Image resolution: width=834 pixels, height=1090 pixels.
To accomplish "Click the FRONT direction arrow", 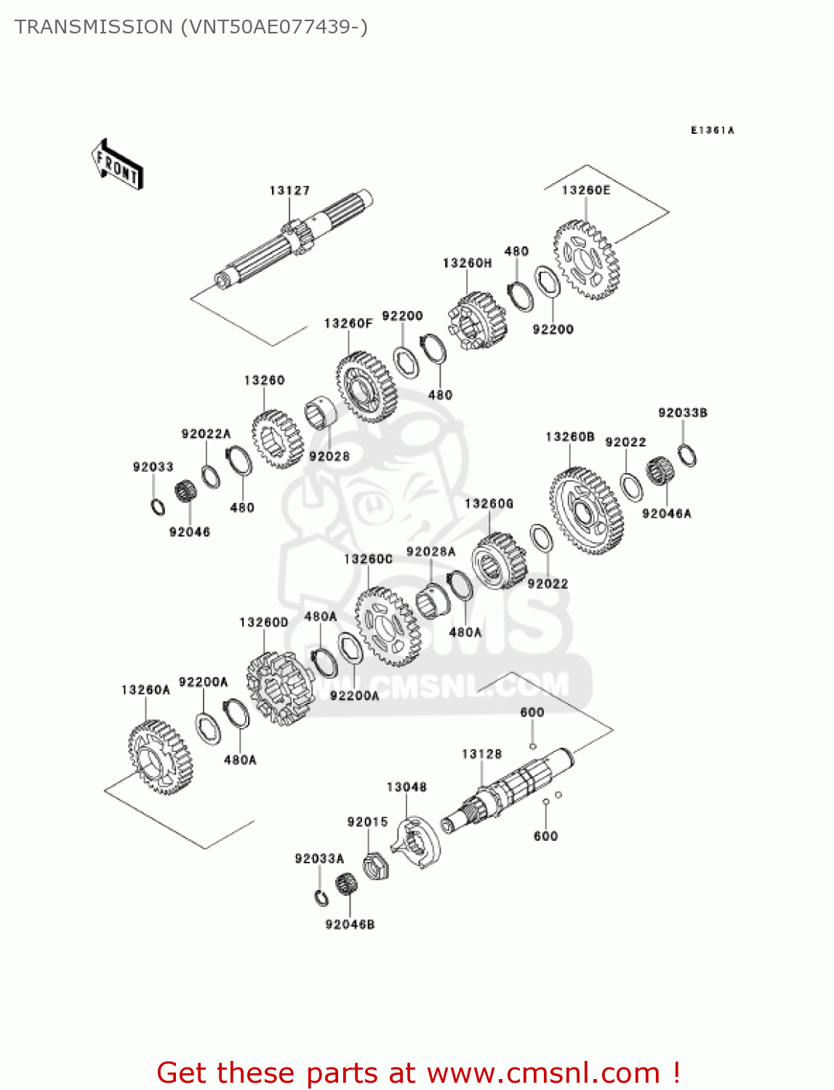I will click(116, 166).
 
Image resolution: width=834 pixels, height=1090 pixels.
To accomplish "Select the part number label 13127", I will click(289, 190).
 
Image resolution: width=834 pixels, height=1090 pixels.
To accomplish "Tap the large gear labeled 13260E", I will click(587, 260).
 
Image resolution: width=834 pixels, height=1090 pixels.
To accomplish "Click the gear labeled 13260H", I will click(478, 320).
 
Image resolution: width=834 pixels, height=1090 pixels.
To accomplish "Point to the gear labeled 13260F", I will click(366, 388).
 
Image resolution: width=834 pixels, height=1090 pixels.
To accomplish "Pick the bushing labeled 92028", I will click(321, 413).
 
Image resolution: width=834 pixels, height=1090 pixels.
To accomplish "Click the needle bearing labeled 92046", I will click(186, 491).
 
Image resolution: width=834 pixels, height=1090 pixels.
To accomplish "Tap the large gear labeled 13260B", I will click(586, 511).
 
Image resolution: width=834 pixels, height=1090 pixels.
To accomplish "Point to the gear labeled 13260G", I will click(499, 560).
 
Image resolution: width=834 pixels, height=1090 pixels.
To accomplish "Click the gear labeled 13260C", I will click(387, 626).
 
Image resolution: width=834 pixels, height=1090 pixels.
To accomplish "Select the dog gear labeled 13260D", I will click(280, 688).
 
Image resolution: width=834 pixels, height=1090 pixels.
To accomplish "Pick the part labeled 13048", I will click(419, 843).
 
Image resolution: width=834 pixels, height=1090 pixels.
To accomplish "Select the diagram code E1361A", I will click(712, 130).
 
